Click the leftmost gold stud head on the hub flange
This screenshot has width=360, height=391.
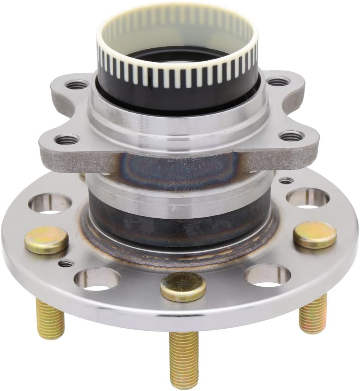[x=46, y=240]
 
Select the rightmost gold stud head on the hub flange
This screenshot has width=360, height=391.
[x=315, y=235]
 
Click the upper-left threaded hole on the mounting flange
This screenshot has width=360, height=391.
[x=77, y=84]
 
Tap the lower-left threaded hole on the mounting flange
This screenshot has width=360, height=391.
[x=67, y=139]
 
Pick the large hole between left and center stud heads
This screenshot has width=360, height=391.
[x=97, y=278]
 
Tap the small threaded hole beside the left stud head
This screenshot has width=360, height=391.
[x=66, y=263]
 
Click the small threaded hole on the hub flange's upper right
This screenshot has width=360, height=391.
[x=286, y=181]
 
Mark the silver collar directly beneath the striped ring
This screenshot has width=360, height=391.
[x=178, y=115]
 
